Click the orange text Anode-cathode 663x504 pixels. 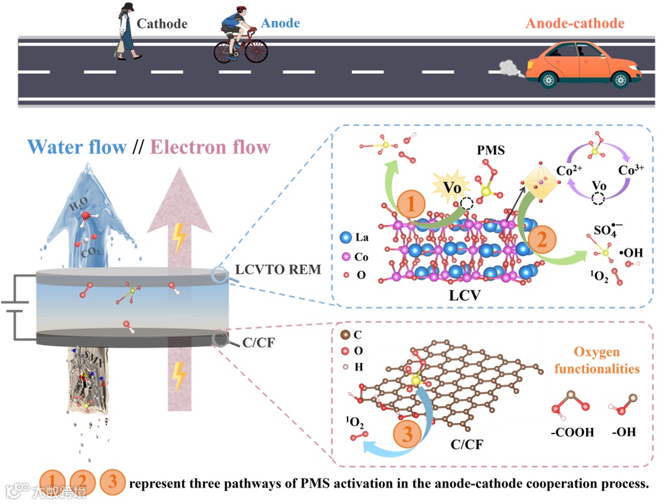(x=575, y=24)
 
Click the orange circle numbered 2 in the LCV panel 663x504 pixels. (x=542, y=241)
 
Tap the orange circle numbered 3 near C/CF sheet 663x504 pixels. (x=407, y=434)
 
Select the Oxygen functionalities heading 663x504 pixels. (x=596, y=360)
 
